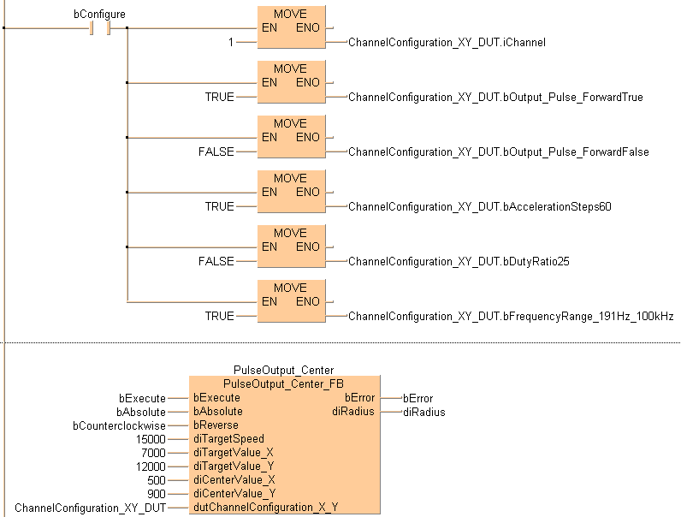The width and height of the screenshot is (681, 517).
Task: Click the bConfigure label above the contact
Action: (100, 15)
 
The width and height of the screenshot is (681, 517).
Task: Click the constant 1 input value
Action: (230, 42)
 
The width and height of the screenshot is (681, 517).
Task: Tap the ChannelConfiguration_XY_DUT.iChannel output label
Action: (447, 42)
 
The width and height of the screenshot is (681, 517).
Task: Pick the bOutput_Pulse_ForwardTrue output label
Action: (495, 97)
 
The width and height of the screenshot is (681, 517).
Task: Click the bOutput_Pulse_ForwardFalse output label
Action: (498, 152)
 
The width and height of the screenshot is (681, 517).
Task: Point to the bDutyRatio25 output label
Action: (459, 261)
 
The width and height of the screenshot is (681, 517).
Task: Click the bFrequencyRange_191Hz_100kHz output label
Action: (511, 316)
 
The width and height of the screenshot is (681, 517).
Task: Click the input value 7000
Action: (153, 453)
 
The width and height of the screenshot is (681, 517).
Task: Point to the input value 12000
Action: (151, 466)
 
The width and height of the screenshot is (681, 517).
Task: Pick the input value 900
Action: (157, 494)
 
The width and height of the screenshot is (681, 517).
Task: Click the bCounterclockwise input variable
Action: (120, 425)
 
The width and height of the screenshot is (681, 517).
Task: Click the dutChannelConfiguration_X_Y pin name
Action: (265, 508)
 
